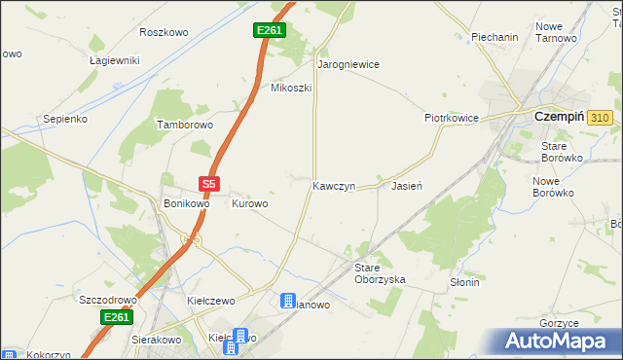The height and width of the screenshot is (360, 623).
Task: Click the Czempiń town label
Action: click(x=559, y=117)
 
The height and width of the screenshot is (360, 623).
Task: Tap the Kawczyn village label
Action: click(x=334, y=185)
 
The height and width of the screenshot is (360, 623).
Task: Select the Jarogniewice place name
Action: click(x=348, y=64)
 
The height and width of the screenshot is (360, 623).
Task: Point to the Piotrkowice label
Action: click(x=451, y=118)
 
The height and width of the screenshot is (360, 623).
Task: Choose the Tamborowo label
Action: click(x=185, y=126)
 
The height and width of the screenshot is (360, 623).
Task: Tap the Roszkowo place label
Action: click(x=164, y=32)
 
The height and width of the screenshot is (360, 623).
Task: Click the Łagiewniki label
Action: click(x=115, y=60)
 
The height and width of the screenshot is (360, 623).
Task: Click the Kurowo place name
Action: click(x=249, y=204)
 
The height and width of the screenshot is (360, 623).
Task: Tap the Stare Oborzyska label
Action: click(x=379, y=272)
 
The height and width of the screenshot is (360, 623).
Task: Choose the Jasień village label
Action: click(x=405, y=185)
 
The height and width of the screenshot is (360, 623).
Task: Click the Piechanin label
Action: click(x=495, y=37)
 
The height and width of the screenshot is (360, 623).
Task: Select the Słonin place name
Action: click(x=464, y=282)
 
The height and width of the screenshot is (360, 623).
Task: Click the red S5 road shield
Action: click(x=210, y=183)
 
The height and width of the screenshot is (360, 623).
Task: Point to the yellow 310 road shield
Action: click(x=600, y=118)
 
